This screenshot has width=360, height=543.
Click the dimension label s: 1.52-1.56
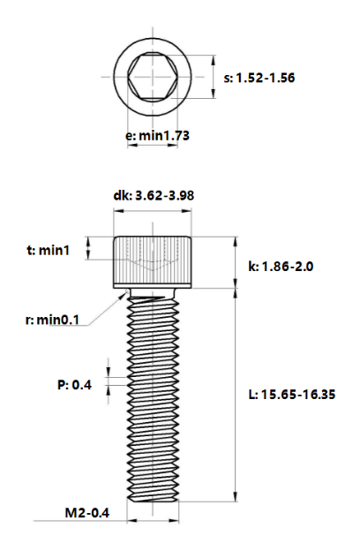click(259, 78)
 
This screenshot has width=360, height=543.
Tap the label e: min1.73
click(157, 135)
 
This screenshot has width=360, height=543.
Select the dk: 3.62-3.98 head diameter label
click(154, 196)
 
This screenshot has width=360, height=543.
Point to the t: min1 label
click(49, 250)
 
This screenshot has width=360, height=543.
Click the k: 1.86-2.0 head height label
click(281, 267)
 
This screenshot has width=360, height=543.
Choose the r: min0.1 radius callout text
click(52, 320)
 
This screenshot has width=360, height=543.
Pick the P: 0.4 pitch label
click(74, 385)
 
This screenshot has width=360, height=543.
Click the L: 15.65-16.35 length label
click(292, 395)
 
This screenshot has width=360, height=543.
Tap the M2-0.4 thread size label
click(86, 512)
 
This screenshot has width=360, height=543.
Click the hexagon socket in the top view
click(153, 77)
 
